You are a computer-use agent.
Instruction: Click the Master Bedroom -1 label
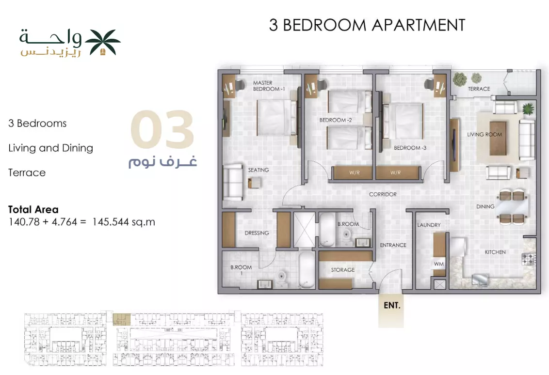[x=269, y=86]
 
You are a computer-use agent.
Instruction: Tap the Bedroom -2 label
[x=336, y=120]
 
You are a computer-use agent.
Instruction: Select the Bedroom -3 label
[x=410, y=148]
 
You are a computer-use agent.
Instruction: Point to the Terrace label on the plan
[x=479, y=89]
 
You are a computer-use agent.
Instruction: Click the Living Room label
[x=484, y=134]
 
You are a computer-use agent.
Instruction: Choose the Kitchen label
[x=495, y=252]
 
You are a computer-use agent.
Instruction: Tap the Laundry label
[x=429, y=225]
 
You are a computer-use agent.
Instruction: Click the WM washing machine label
[x=439, y=264]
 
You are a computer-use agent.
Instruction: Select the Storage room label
[x=343, y=270]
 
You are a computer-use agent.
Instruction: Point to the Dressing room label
[x=257, y=233]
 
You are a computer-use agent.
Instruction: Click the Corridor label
[x=383, y=194]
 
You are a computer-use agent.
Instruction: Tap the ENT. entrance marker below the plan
[x=391, y=305]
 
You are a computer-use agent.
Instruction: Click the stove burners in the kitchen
[x=528, y=259]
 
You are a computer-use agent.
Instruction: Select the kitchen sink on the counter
[x=480, y=279]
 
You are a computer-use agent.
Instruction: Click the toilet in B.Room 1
[x=282, y=279]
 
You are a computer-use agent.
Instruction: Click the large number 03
[x=162, y=129]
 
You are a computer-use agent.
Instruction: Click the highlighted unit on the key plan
[x=122, y=320]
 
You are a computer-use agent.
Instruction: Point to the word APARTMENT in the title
[x=419, y=25]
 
